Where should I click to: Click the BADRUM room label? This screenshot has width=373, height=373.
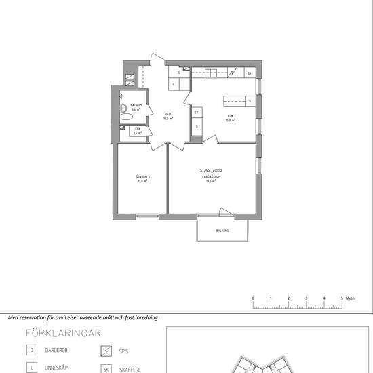(x=136, y=104)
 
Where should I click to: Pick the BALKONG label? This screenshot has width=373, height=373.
(x=222, y=231)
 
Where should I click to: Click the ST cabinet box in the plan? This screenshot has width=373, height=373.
(x=197, y=112)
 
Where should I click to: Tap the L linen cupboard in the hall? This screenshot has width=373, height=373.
(x=174, y=84)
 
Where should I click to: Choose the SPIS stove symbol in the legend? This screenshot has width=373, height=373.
(x=106, y=351)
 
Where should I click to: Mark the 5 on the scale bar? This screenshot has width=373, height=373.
(x=342, y=298)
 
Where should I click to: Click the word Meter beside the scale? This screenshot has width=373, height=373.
(x=351, y=298)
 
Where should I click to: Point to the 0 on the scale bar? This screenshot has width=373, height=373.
(x=253, y=298)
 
